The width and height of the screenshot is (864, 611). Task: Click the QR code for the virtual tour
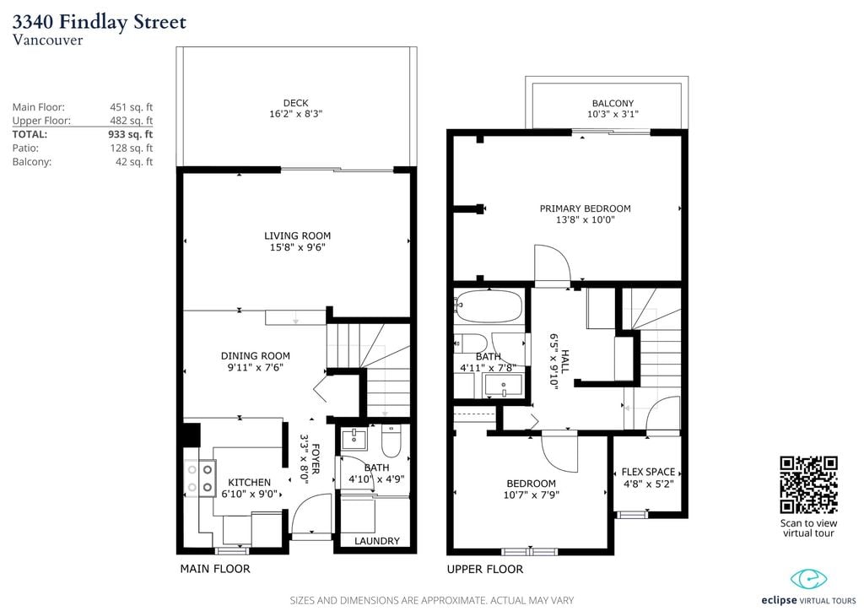pyautogui.click(x=808, y=484)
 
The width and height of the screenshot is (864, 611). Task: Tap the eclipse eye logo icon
pyautogui.click(x=809, y=578)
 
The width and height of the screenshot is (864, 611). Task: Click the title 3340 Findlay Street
pyautogui.click(x=100, y=21)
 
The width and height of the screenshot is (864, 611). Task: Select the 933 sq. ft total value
pyautogui.click(x=131, y=134)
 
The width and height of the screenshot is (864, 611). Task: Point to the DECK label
pyautogui.click(x=296, y=103)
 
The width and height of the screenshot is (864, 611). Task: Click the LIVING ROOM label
pyautogui.click(x=298, y=235)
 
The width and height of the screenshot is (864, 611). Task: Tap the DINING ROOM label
pyautogui.click(x=255, y=356)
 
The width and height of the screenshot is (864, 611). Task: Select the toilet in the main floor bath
pyautogui.click(x=391, y=442)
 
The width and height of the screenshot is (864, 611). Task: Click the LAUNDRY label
pyautogui.click(x=377, y=541)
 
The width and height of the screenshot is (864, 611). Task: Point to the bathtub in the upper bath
pyautogui.click(x=489, y=306)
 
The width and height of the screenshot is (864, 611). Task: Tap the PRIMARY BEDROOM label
pyautogui.click(x=586, y=208)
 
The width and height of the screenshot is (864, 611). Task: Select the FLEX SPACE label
pyautogui.click(x=649, y=472)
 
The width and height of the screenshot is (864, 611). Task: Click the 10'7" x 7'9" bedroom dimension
pyautogui.click(x=532, y=495)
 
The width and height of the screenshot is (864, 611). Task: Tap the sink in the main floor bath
pyautogui.click(x=354, y=440)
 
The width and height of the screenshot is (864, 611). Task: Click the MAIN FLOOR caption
pyautogui.click(x=215, y=569)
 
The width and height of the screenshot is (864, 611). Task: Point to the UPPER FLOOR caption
pyautogui.click(x=485, y=569)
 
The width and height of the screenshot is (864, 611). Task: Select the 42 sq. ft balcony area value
pyautogui.click(x=134, y=162)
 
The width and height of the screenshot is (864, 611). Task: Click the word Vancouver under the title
pyautogui.click(x=47, y=41)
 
